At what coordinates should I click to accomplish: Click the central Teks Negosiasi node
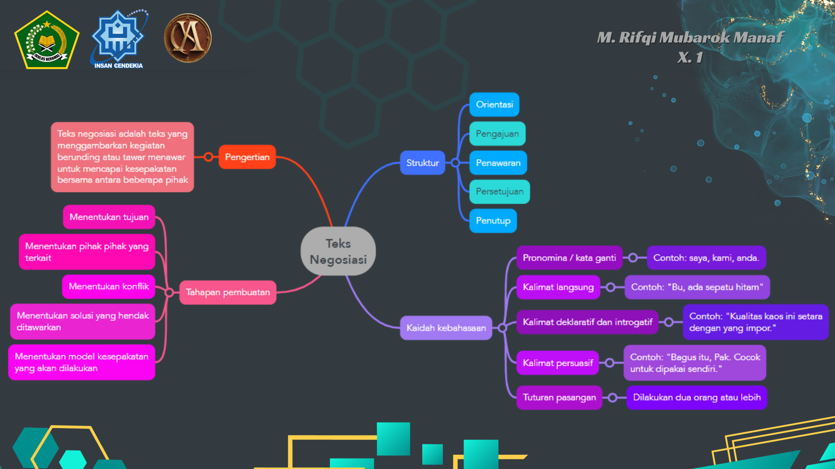(338, 251)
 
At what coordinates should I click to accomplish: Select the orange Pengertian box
(247, 157)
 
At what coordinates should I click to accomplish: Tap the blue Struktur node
(422, 163)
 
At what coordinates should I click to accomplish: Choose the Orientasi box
(494, 105)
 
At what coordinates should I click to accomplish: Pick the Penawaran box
(498, 163)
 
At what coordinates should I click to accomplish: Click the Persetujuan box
(499, 192)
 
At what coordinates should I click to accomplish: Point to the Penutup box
(493, 221)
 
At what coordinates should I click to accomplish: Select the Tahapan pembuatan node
(227, 292)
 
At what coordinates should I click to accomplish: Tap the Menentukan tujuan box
(109, 217)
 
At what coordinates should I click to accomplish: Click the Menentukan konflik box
(109, 287)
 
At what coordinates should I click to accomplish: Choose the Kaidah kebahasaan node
(446, 328)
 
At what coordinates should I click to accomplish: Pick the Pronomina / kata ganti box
(569, 258)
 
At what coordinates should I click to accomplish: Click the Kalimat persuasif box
(558, 363)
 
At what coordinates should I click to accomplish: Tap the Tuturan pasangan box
(559, 397)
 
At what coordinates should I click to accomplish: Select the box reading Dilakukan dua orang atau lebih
(697, 397)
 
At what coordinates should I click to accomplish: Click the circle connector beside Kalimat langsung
(611, 287)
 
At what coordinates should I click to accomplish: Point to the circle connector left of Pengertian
(209, 157)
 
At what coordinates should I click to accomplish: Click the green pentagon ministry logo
(47, 40)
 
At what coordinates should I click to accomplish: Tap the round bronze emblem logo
(187, 38)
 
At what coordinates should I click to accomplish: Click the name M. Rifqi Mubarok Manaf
(691, 38)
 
